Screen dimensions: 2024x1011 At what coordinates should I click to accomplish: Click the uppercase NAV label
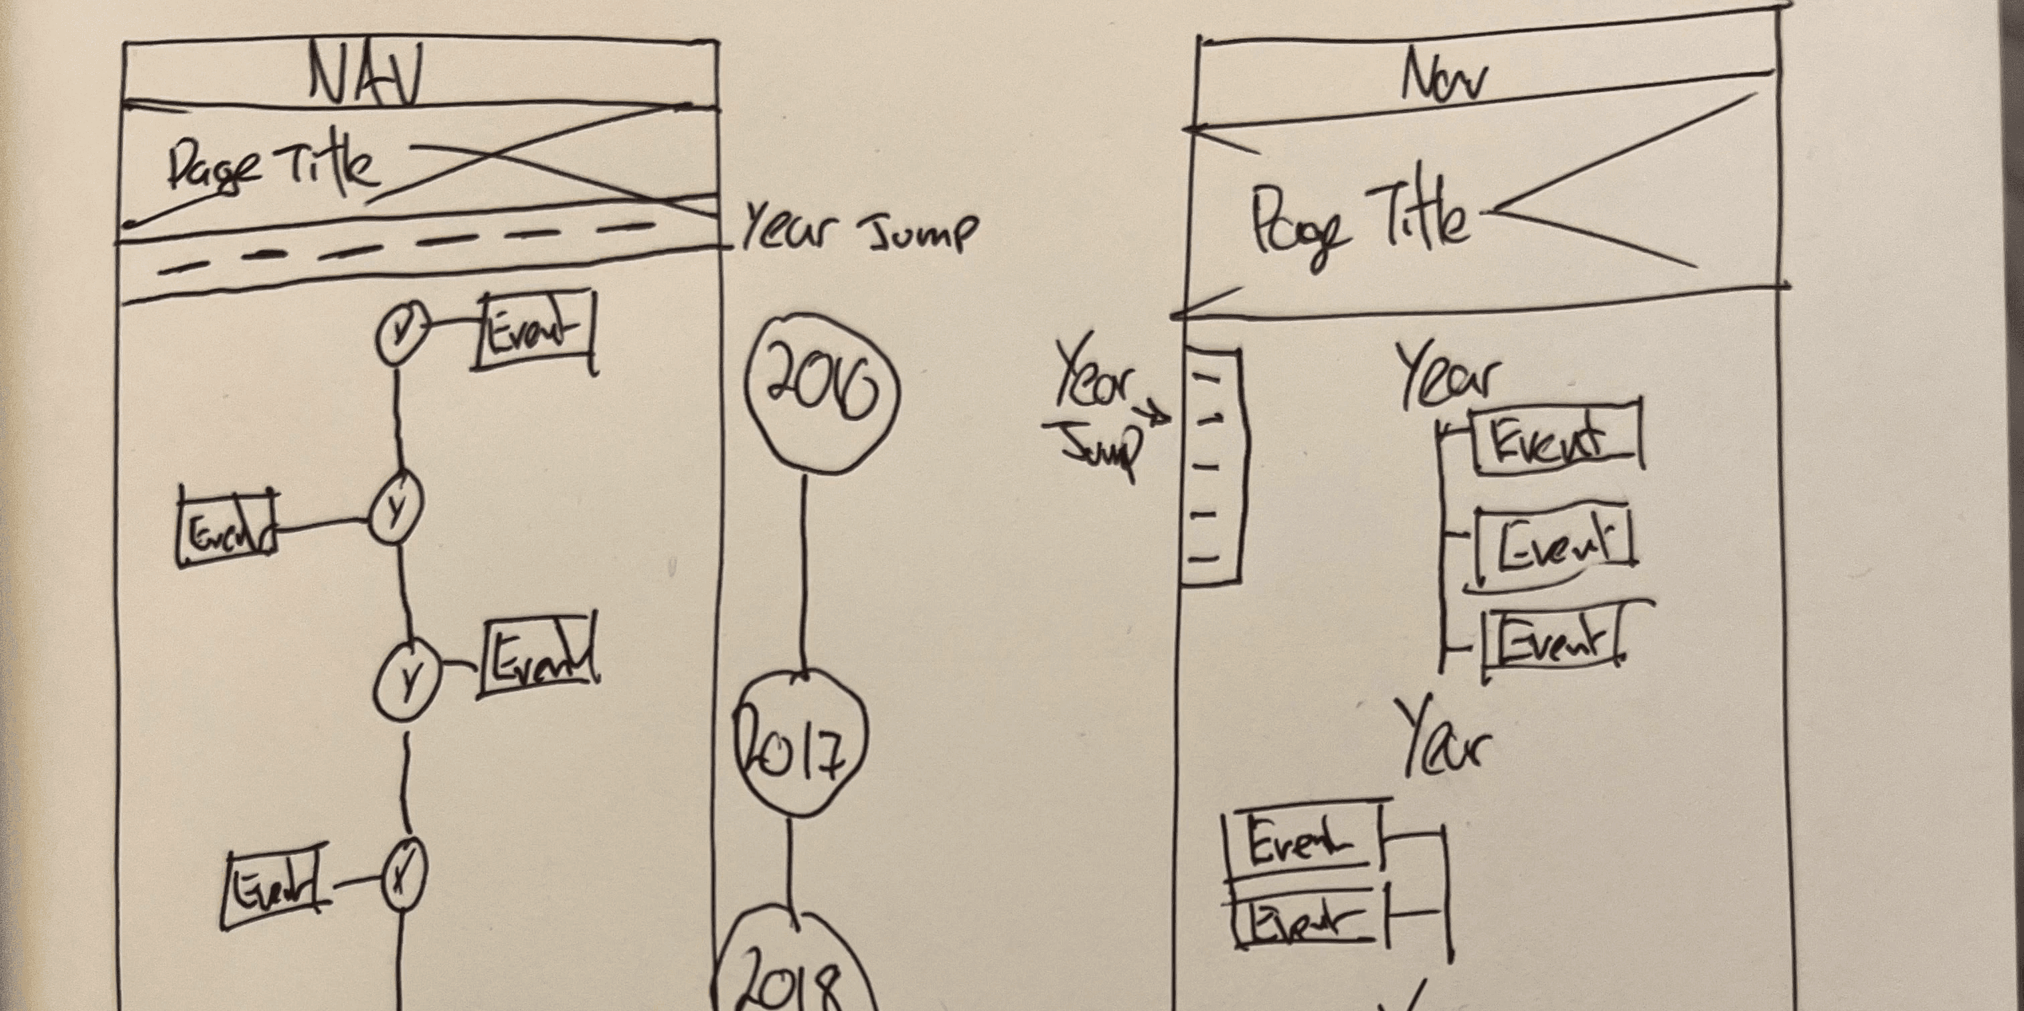pos(366,75)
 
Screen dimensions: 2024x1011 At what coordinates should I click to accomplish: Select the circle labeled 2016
pos(821,393)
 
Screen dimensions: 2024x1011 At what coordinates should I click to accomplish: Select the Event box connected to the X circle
pos(274,889)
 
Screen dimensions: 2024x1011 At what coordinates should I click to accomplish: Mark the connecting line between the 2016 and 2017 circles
pos(803,573)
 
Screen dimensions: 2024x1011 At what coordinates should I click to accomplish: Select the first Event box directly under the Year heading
pos(1555,440)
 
